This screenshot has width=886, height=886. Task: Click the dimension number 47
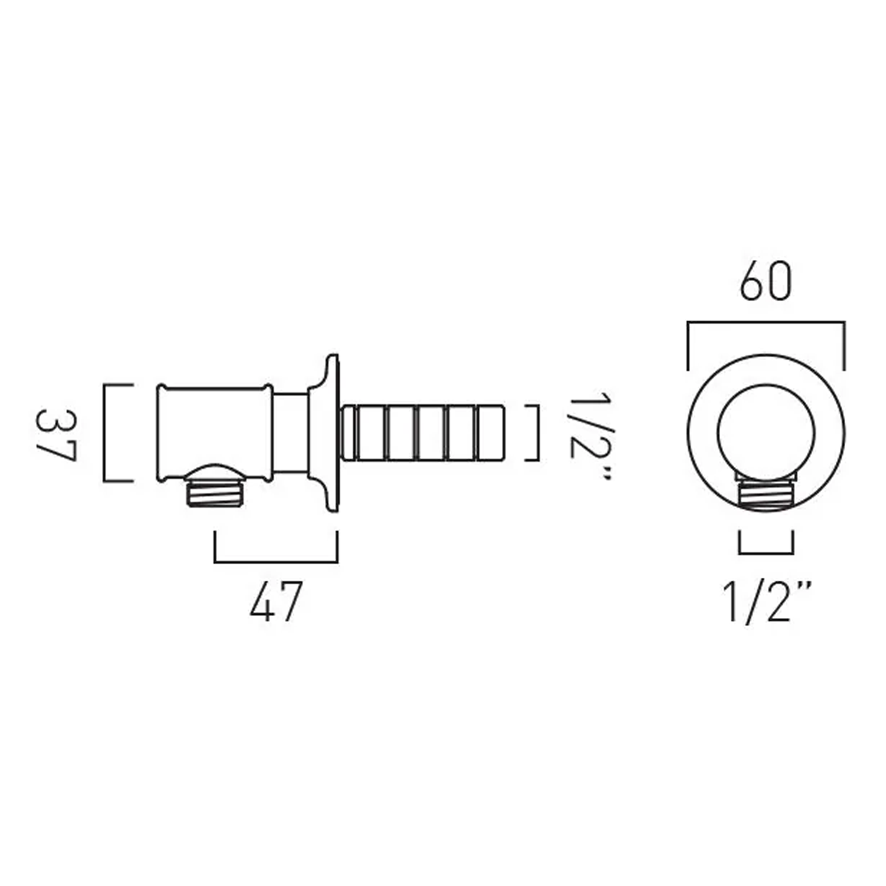(x=276, y=601)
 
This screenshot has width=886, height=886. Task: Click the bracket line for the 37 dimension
(x=105, y=433)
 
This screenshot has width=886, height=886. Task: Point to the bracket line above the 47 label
(x=276, y=561)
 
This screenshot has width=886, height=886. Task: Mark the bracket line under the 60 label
(x=766, y=323)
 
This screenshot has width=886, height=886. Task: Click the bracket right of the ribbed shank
(x=538, y=432)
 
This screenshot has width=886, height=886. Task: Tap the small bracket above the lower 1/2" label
(x=766, y=552)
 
